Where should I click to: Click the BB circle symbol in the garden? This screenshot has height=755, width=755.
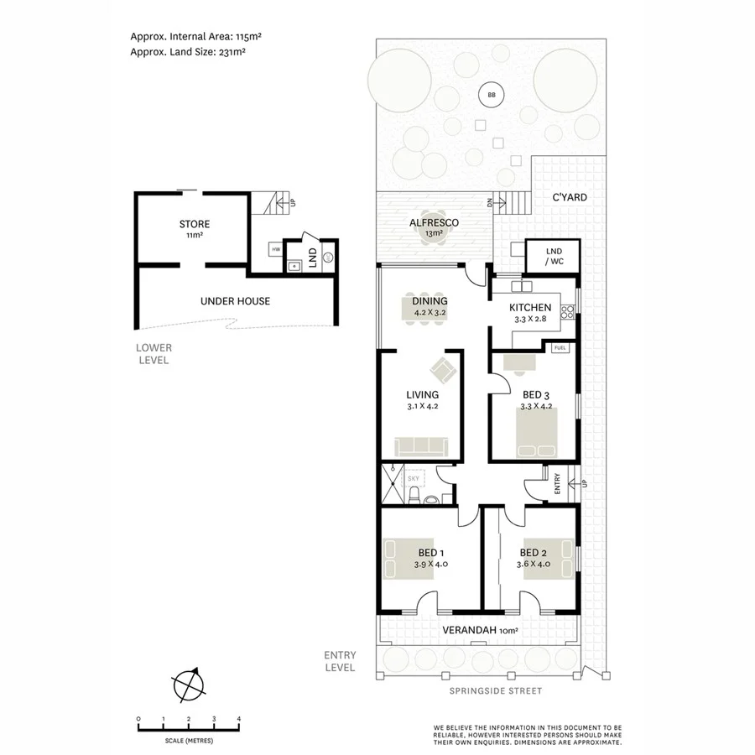click(x=491, y=95)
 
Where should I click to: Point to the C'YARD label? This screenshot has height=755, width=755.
click(x=569, y=198)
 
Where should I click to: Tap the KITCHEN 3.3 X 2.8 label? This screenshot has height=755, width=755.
click(x=530, y=308)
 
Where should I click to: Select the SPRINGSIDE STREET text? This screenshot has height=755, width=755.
click(x=496, y=691)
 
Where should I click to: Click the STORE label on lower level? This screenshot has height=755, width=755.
click(x=194, y=224)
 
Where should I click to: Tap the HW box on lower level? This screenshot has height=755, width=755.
click(x=274, y=249)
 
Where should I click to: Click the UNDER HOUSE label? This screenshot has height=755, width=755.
click(x=235, y=300)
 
